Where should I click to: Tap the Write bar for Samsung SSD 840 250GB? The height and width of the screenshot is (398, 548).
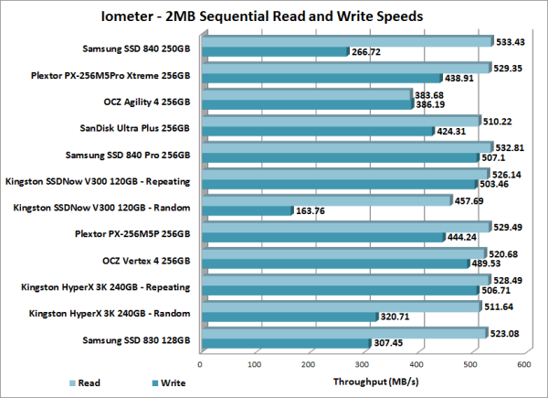[274, 51]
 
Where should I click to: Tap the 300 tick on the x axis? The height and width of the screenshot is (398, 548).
[363, 364]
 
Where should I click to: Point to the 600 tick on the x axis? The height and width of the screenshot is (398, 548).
[523, 364]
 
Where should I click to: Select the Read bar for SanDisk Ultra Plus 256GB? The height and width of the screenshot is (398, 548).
[338, 121]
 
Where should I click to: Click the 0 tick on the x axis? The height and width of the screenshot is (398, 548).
[201, 364]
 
